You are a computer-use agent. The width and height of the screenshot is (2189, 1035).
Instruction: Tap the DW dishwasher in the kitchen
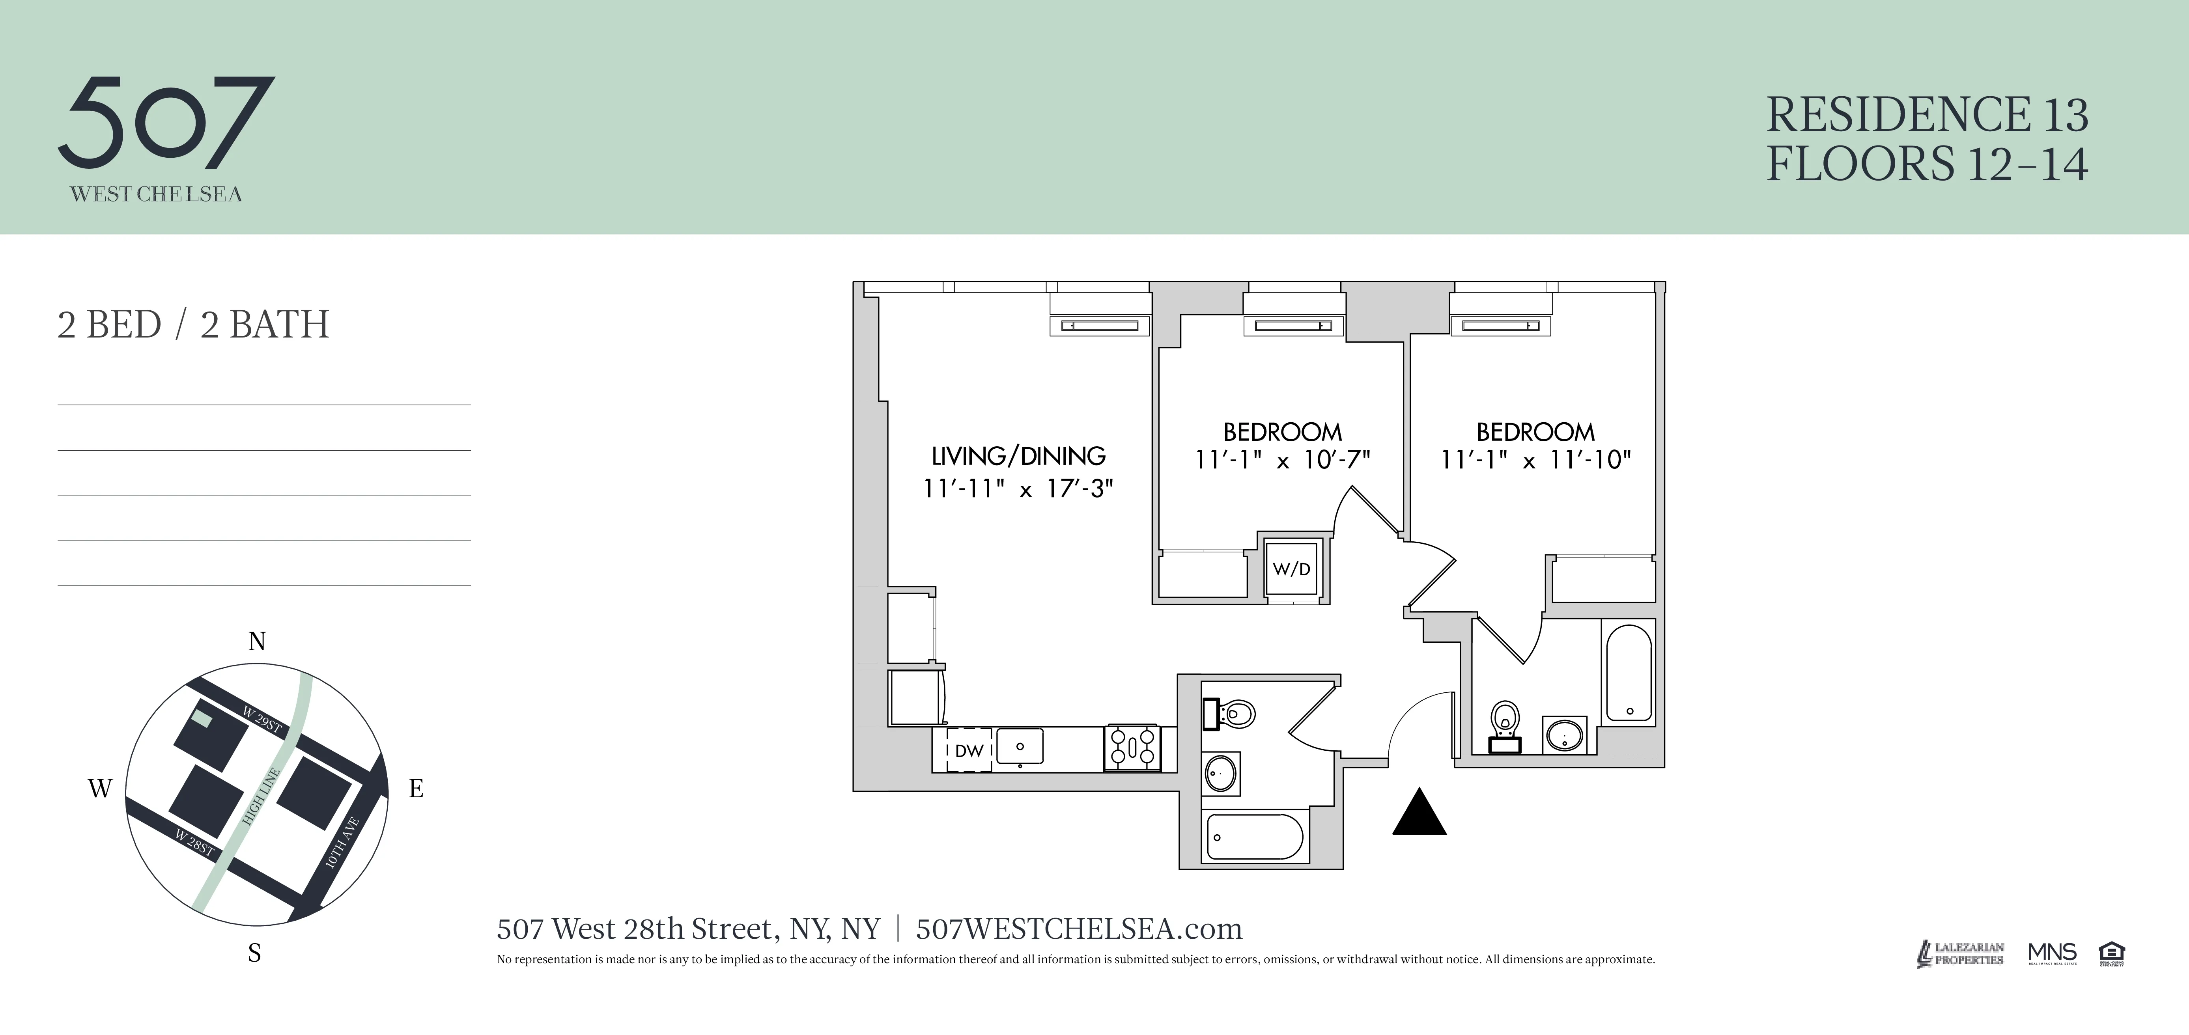click(969, 750)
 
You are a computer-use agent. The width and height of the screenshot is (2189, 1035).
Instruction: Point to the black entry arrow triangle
click(1419, 814)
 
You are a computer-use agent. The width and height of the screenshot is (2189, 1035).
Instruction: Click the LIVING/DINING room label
click(1018, 456)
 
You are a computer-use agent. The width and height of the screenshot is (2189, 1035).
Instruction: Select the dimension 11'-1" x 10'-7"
click(1282, 461)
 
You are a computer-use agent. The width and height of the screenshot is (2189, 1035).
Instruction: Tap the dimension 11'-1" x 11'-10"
click(1535, 461)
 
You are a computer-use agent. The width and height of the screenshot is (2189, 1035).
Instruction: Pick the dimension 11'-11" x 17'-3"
click(1018, 489)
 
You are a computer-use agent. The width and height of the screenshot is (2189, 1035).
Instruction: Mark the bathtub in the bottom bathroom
click(1254, 837)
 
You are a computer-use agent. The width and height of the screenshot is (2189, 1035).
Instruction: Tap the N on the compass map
click(257, 642)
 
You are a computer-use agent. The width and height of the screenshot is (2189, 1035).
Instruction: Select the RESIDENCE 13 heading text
click(1926, 115)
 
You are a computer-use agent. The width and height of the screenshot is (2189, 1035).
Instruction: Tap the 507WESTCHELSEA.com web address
click(1078, 929)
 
